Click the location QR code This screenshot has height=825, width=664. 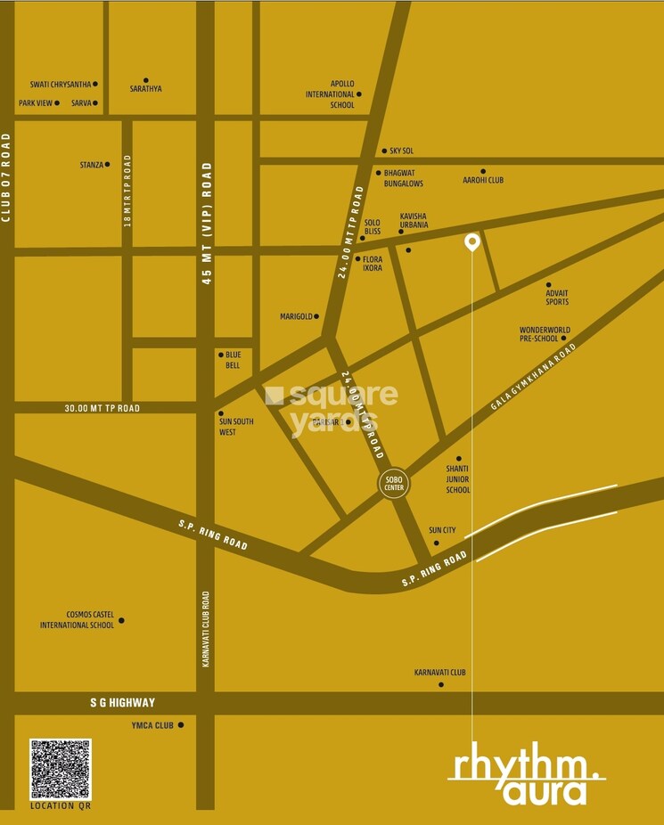(x=60, y=769)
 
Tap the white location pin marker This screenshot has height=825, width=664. (x=472, y=241)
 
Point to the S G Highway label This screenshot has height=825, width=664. (x=122, y=703)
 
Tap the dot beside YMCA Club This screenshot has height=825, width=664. (x=181, y=725)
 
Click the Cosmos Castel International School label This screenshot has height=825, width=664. (x=77, y=620)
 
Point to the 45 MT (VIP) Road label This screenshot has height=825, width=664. (x=207, y=223)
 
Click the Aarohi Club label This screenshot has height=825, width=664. (x=483, y=180)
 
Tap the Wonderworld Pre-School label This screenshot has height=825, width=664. (x=545, y=334)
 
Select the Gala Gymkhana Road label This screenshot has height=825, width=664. (x=534, y=377)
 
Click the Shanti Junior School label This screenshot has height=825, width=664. (x=457, y=479)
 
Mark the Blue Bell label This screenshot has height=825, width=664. (x=233, y=359)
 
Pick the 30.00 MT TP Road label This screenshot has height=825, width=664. (x=102, y=408)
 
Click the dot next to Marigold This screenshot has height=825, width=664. (x=316, y=315)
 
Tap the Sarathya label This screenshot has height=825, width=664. (x=146, y=89)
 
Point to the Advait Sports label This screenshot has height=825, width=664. (x=557, y=298)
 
